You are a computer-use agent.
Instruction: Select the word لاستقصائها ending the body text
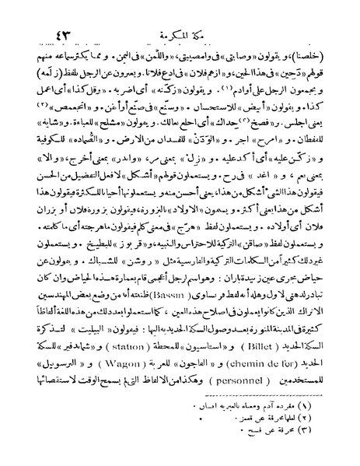tap(57, 393)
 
